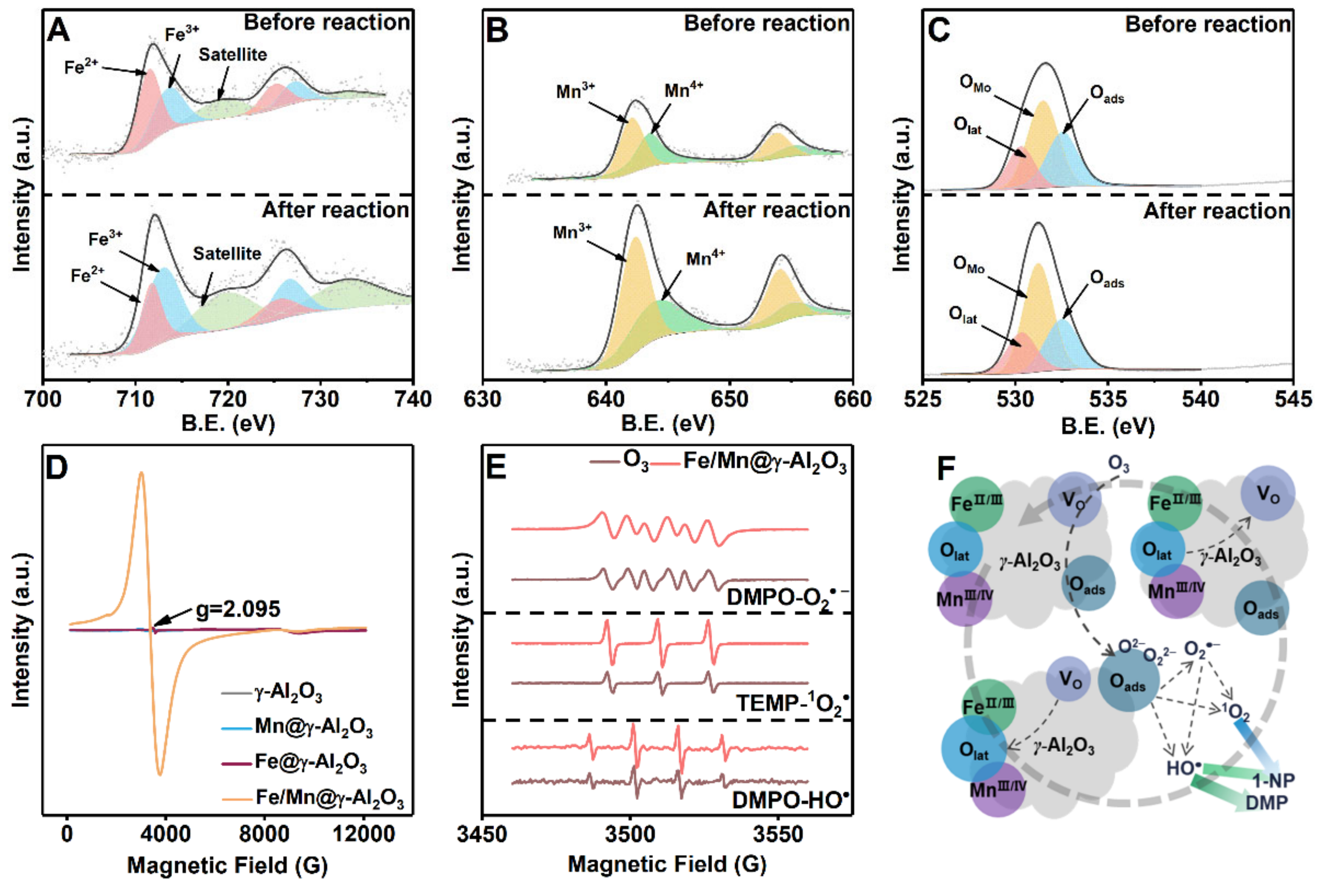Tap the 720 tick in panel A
228,399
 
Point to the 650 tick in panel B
729,399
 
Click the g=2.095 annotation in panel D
237,609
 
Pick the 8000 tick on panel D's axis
264,833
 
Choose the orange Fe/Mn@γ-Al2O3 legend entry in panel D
329,798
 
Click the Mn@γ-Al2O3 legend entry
314,726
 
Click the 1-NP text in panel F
1273,781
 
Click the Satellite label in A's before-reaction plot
232,55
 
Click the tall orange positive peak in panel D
142,475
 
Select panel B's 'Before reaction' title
767,23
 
